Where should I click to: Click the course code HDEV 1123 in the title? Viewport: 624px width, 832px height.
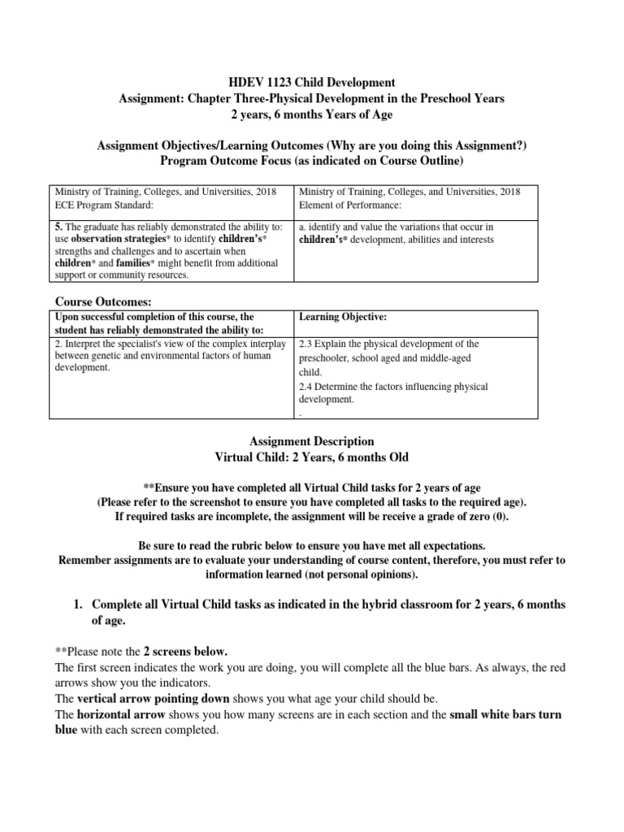pos(258,82)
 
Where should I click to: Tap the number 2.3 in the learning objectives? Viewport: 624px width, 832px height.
pos(307,344)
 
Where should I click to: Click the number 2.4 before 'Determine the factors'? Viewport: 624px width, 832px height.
pos(307,387)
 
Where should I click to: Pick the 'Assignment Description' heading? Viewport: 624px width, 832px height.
pos(311,441)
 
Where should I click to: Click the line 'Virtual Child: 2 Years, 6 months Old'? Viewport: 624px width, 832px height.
pos(311,457)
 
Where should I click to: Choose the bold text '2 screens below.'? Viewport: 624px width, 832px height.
pos(185,652)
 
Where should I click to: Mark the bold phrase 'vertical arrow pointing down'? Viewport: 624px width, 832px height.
pos(153,699)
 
